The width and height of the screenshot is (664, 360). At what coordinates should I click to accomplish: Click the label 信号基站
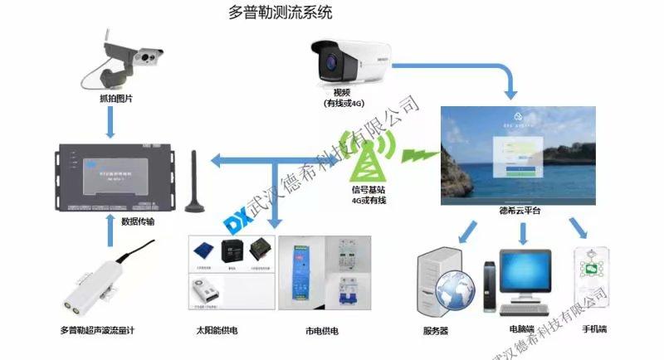pyautogui.click(x=369, y=189)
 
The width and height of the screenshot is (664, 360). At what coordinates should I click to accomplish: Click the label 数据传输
pyautogui.click(x=137, y=221)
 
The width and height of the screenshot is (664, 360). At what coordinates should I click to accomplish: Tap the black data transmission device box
pyautogui.click(x=113, y=176)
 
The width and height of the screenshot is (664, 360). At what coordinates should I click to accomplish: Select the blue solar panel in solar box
pyautogui.click(x=203, y=250)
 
